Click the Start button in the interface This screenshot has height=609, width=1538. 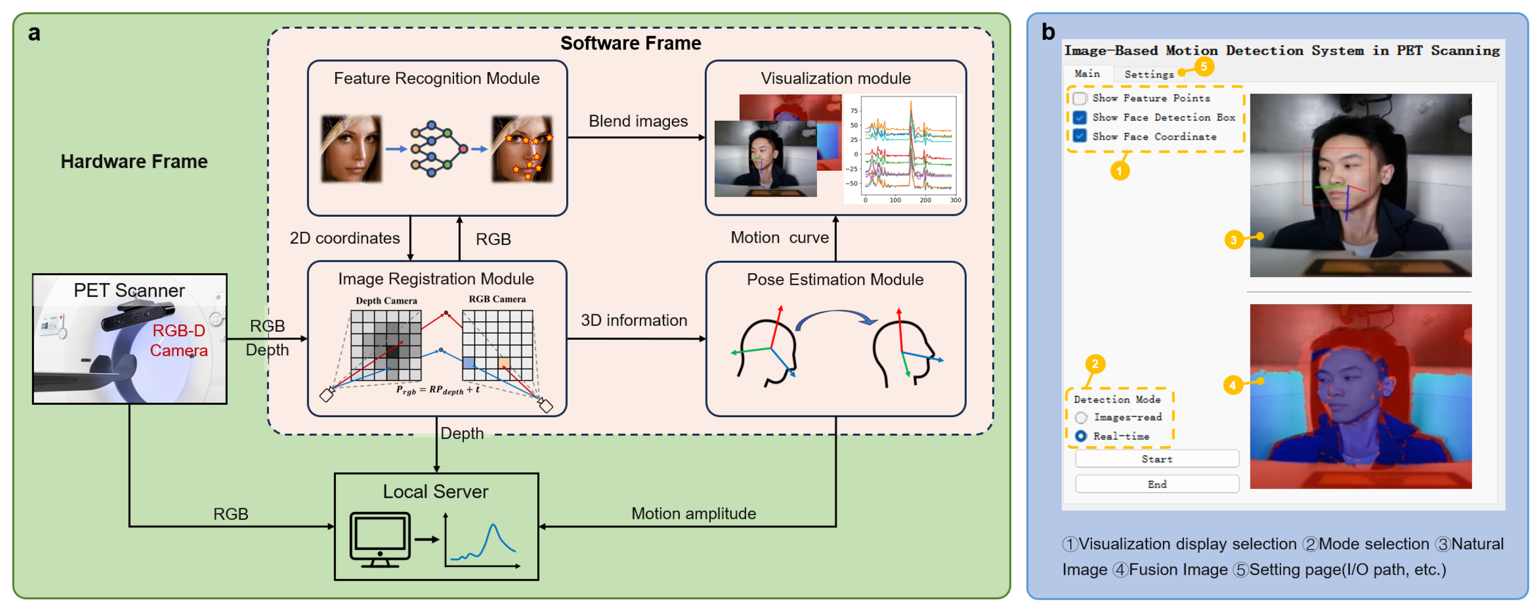coord(1157,459)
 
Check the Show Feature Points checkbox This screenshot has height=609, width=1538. coord(1080,98)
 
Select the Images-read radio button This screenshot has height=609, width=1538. coord(1081,417)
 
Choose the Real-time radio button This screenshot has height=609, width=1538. coord(1081,436)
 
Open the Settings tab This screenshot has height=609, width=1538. coord(1148,74)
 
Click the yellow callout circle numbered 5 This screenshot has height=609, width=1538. coord(1203,66)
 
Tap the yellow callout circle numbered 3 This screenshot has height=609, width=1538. coord(1233,240)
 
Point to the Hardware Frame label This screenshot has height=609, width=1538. coord(134,161)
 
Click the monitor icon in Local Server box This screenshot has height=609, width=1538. coord(380,538)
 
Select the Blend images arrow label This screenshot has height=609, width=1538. coord(638,121)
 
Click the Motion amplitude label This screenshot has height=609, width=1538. coord(693,514)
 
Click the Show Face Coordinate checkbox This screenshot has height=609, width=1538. coord(1080,136)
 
